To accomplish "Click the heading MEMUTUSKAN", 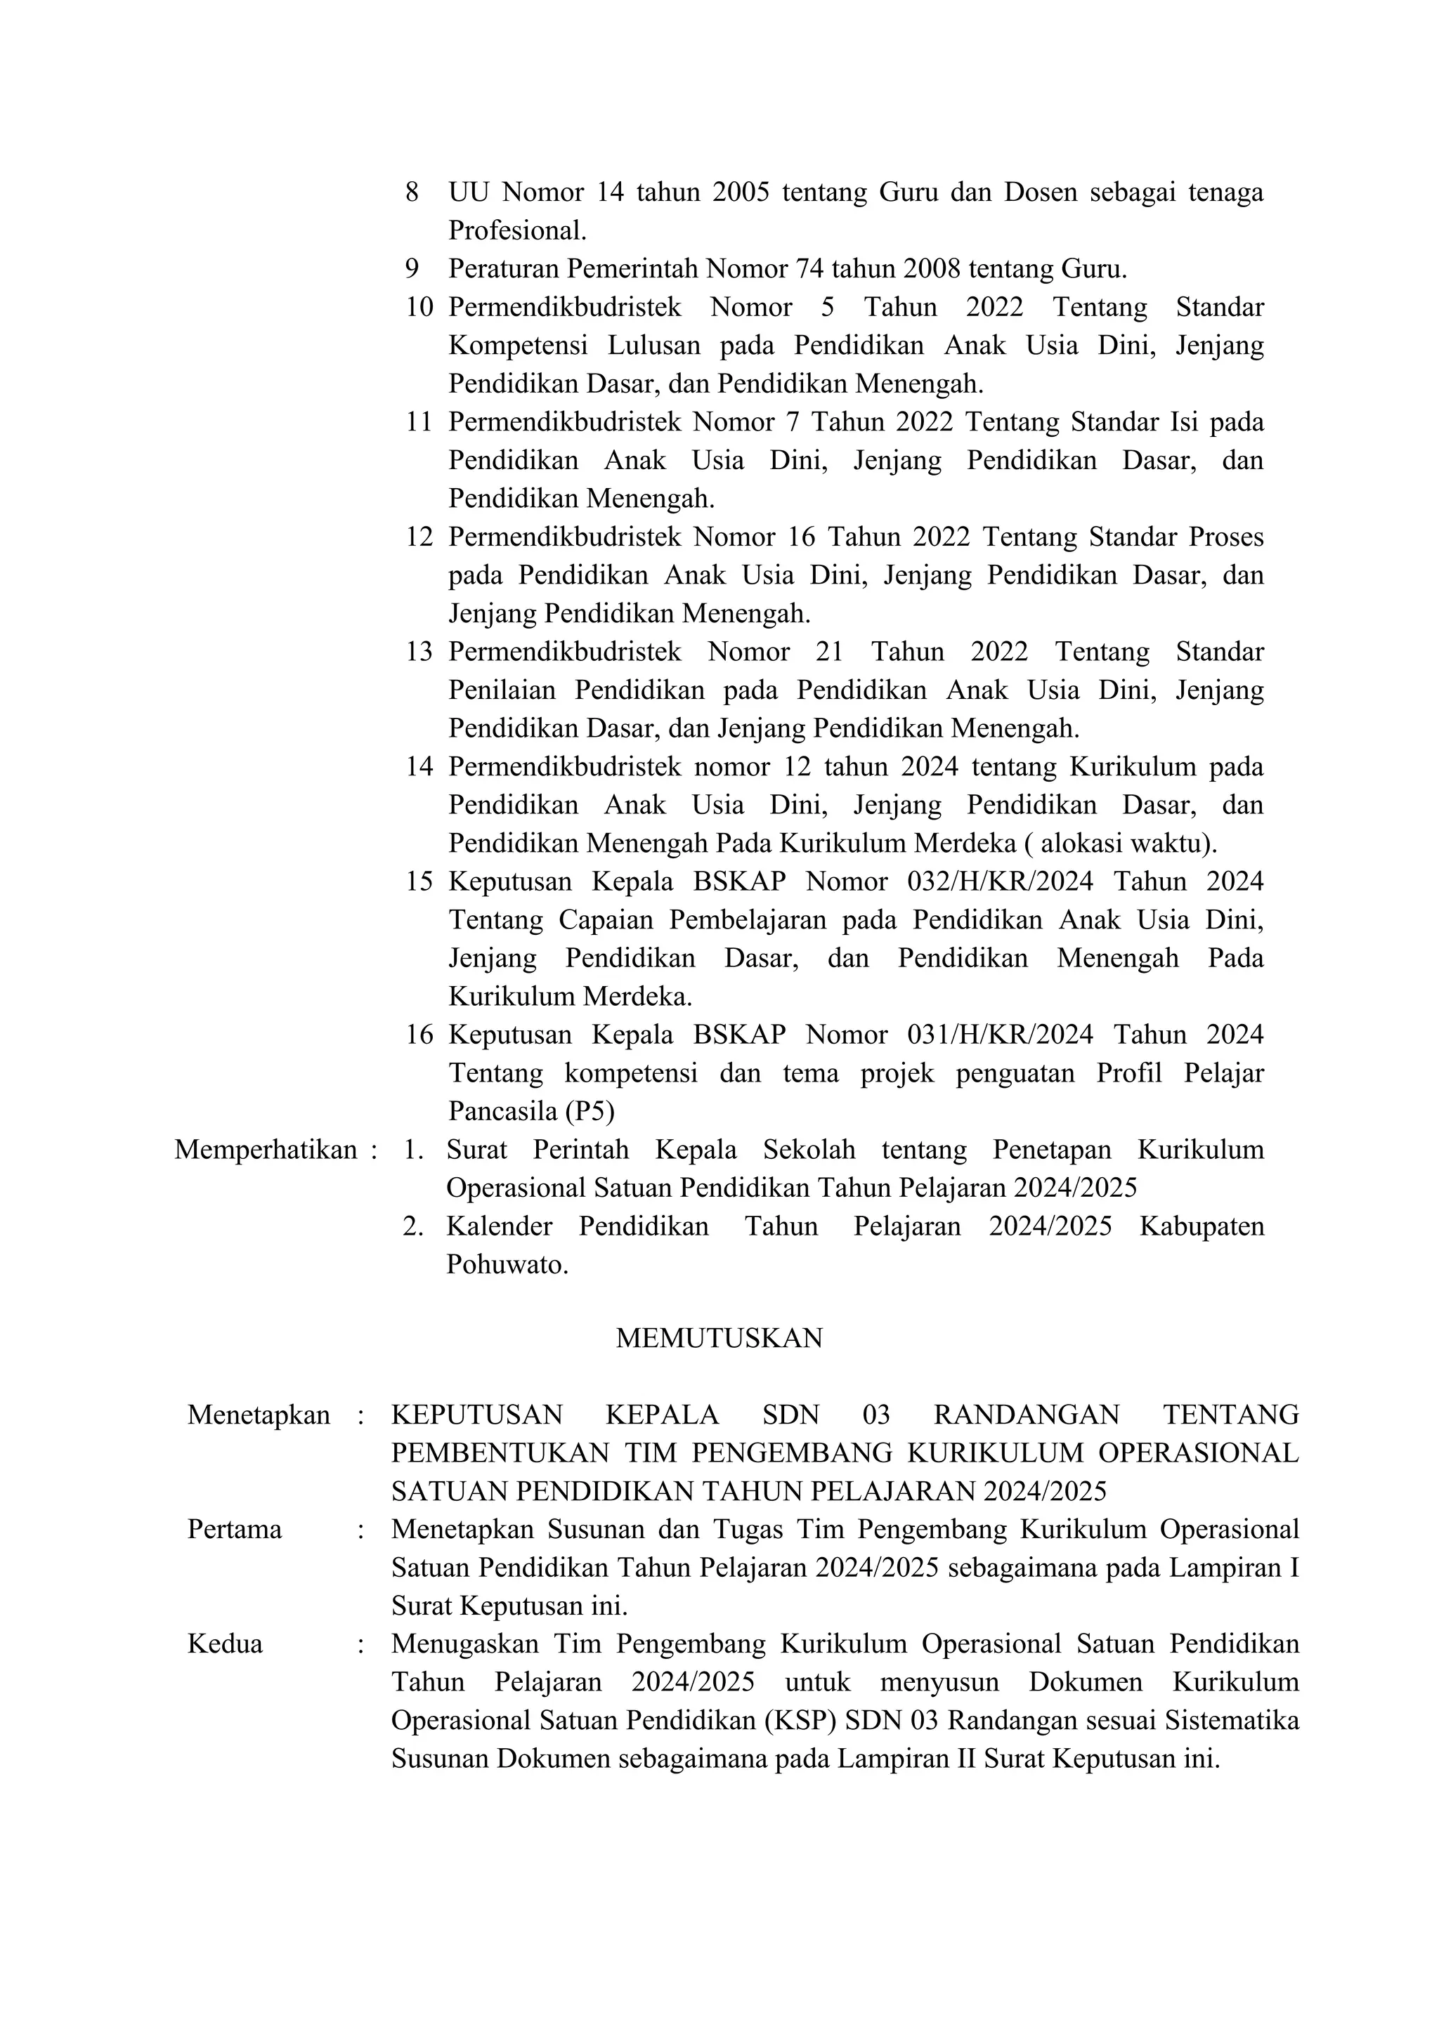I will (719, 1338).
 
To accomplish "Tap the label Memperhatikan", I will (265, 1150).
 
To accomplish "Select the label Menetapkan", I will (258, 1415).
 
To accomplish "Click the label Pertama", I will (234, 1529).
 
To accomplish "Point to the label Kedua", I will (224, 1643).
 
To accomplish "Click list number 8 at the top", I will (412, 192).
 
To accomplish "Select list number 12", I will (419, 537).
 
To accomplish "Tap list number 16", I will (419, 1035).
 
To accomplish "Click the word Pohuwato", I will (506, 1265).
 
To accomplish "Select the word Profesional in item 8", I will (516, 231).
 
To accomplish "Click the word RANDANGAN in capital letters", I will (1026, 1415).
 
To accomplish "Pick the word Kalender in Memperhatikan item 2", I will (499, 1227).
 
